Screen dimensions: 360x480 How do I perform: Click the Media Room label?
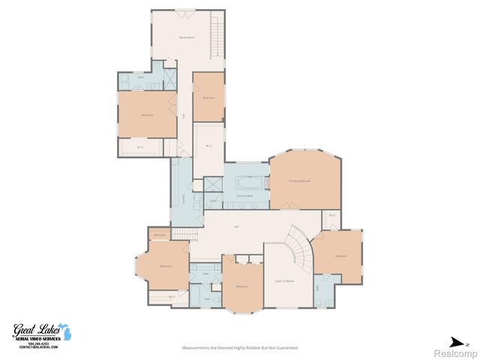[x=186, y=37]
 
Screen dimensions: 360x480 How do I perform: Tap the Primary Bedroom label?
[x=299, y=181]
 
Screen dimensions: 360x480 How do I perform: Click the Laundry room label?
[x=182, y=198]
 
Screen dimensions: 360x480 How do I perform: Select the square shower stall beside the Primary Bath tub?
[x=214, y=184]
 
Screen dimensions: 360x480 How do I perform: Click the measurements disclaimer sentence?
[x=240, y=348]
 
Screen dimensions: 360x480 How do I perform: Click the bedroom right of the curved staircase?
[x=340, y=256]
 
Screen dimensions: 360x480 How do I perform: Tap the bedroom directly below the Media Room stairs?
[x=208, y=97]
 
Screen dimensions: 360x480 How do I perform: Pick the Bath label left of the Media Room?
[x=141, y=77]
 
